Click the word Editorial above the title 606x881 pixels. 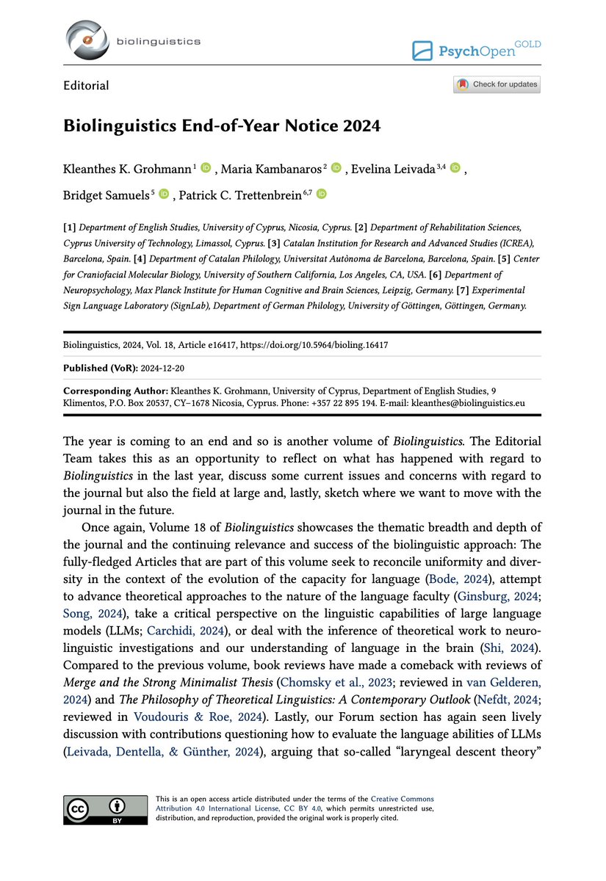tap(86, 86)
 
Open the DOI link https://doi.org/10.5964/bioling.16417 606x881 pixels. tap(325, 344)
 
